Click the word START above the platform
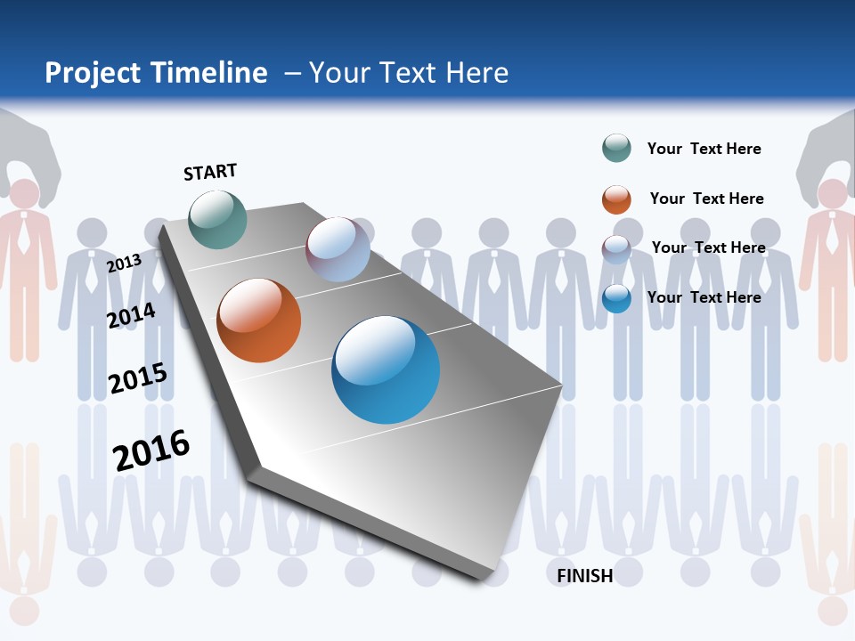point(210,172)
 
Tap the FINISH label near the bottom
point(585,576)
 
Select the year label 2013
point(124,263)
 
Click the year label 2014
point(131,315)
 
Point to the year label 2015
point(137,378)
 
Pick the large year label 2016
point(151,450)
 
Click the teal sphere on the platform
point(217,219)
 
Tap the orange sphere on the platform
point(258,320)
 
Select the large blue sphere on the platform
point(386,369)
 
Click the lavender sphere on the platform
point(338,249)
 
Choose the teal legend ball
point(616,149)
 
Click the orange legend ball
point(616,199)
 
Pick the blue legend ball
point(616,298)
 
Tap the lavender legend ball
point(616,248)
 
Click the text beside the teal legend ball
point(704,149)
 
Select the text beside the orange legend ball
point(706,199)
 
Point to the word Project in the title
point(94,73)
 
